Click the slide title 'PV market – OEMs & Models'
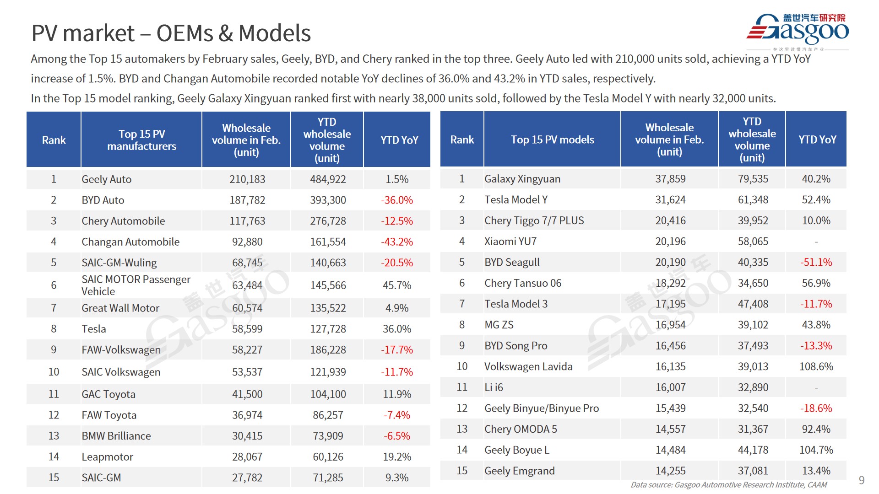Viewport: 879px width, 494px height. [171, 33]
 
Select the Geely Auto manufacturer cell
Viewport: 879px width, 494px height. [107, 179]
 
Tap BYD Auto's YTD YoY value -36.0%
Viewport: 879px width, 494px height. [396, 200]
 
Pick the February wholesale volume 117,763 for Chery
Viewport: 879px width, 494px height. [247, 221]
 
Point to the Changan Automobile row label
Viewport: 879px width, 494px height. [130, 242]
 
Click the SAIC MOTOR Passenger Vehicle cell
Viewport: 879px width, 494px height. [136, 285]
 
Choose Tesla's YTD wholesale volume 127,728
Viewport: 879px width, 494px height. [328, 329]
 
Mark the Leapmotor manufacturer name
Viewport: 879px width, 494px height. [108, 456]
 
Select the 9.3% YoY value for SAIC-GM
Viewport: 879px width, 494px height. [396, 478]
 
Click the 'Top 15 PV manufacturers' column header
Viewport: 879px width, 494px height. [141, 140]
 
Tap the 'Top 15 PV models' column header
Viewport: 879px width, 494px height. [552, 140]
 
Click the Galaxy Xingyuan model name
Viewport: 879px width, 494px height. [522, 179]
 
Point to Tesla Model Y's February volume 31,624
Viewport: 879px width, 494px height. [670, 200]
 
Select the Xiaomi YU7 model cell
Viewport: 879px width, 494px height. [510, 242]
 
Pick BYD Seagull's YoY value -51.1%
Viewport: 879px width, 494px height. [816, 263]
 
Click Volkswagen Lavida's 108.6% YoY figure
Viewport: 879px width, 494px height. [816, 367]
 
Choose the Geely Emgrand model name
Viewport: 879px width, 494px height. [520, 471]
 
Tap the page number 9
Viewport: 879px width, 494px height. [861, 480]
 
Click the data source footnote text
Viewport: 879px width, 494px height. [728, 485]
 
